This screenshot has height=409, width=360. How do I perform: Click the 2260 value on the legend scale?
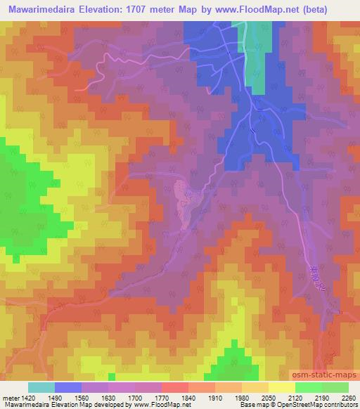[349, 397]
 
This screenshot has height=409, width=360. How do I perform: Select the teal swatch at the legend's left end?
[41, 387]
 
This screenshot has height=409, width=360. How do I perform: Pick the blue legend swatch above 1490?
[68, 387]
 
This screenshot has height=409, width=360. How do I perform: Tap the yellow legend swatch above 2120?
[282, 387]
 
